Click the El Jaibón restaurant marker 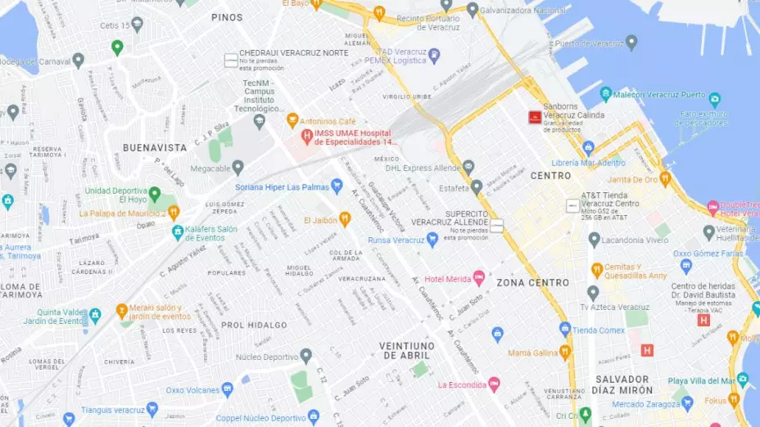[345, 219]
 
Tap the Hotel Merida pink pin [480, 278]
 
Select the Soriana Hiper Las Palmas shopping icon [336, 187]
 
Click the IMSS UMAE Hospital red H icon [307, 136]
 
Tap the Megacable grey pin [238, 167]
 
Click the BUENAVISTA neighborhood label [154, 148]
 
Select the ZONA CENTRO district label [532, 282]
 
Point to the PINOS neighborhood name [227, 17]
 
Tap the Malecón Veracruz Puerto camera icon [606, 93]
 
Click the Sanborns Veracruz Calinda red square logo [535, 117]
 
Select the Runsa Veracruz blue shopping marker [432, 240]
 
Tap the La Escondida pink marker [494, 384]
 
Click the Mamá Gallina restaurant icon [564, 352]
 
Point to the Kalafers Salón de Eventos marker [177, 233]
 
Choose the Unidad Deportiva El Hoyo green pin [154, 194]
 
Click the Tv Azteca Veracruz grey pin [593, 293]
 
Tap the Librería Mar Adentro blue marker [588, 148]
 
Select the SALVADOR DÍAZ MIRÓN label [622, 384]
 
